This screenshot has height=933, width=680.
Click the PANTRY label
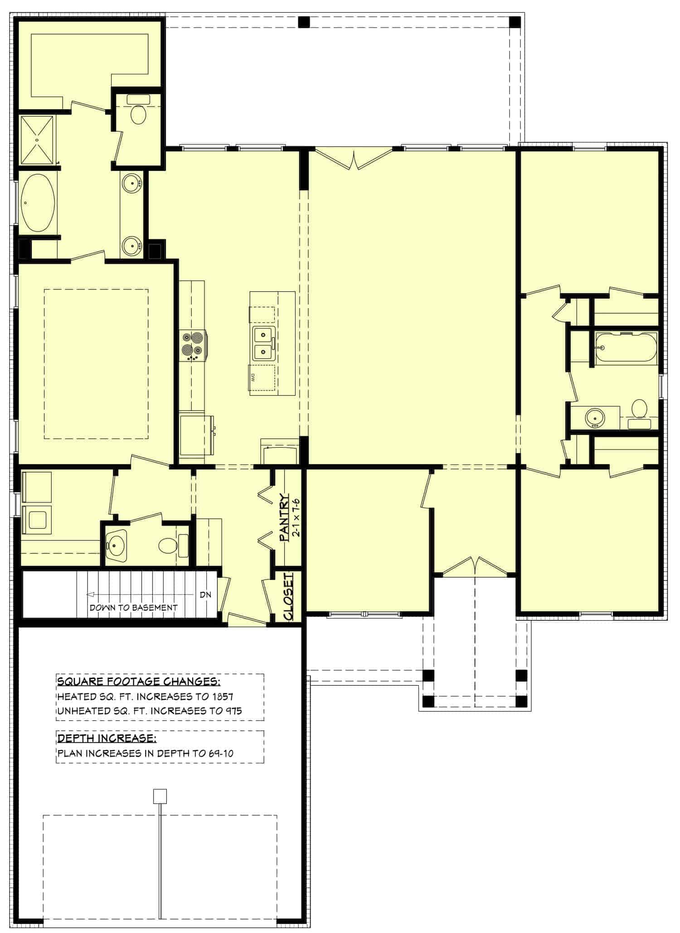click(284, 517)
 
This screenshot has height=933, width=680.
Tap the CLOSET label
click(288, 596)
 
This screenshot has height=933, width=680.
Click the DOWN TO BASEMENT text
click(133, 608)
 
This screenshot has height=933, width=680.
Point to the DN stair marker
click(205, 595)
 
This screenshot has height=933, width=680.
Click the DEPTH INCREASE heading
click(107, 739)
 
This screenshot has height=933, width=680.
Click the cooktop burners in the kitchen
click(193, 345)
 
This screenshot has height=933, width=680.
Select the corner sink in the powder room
click(117, 545)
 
